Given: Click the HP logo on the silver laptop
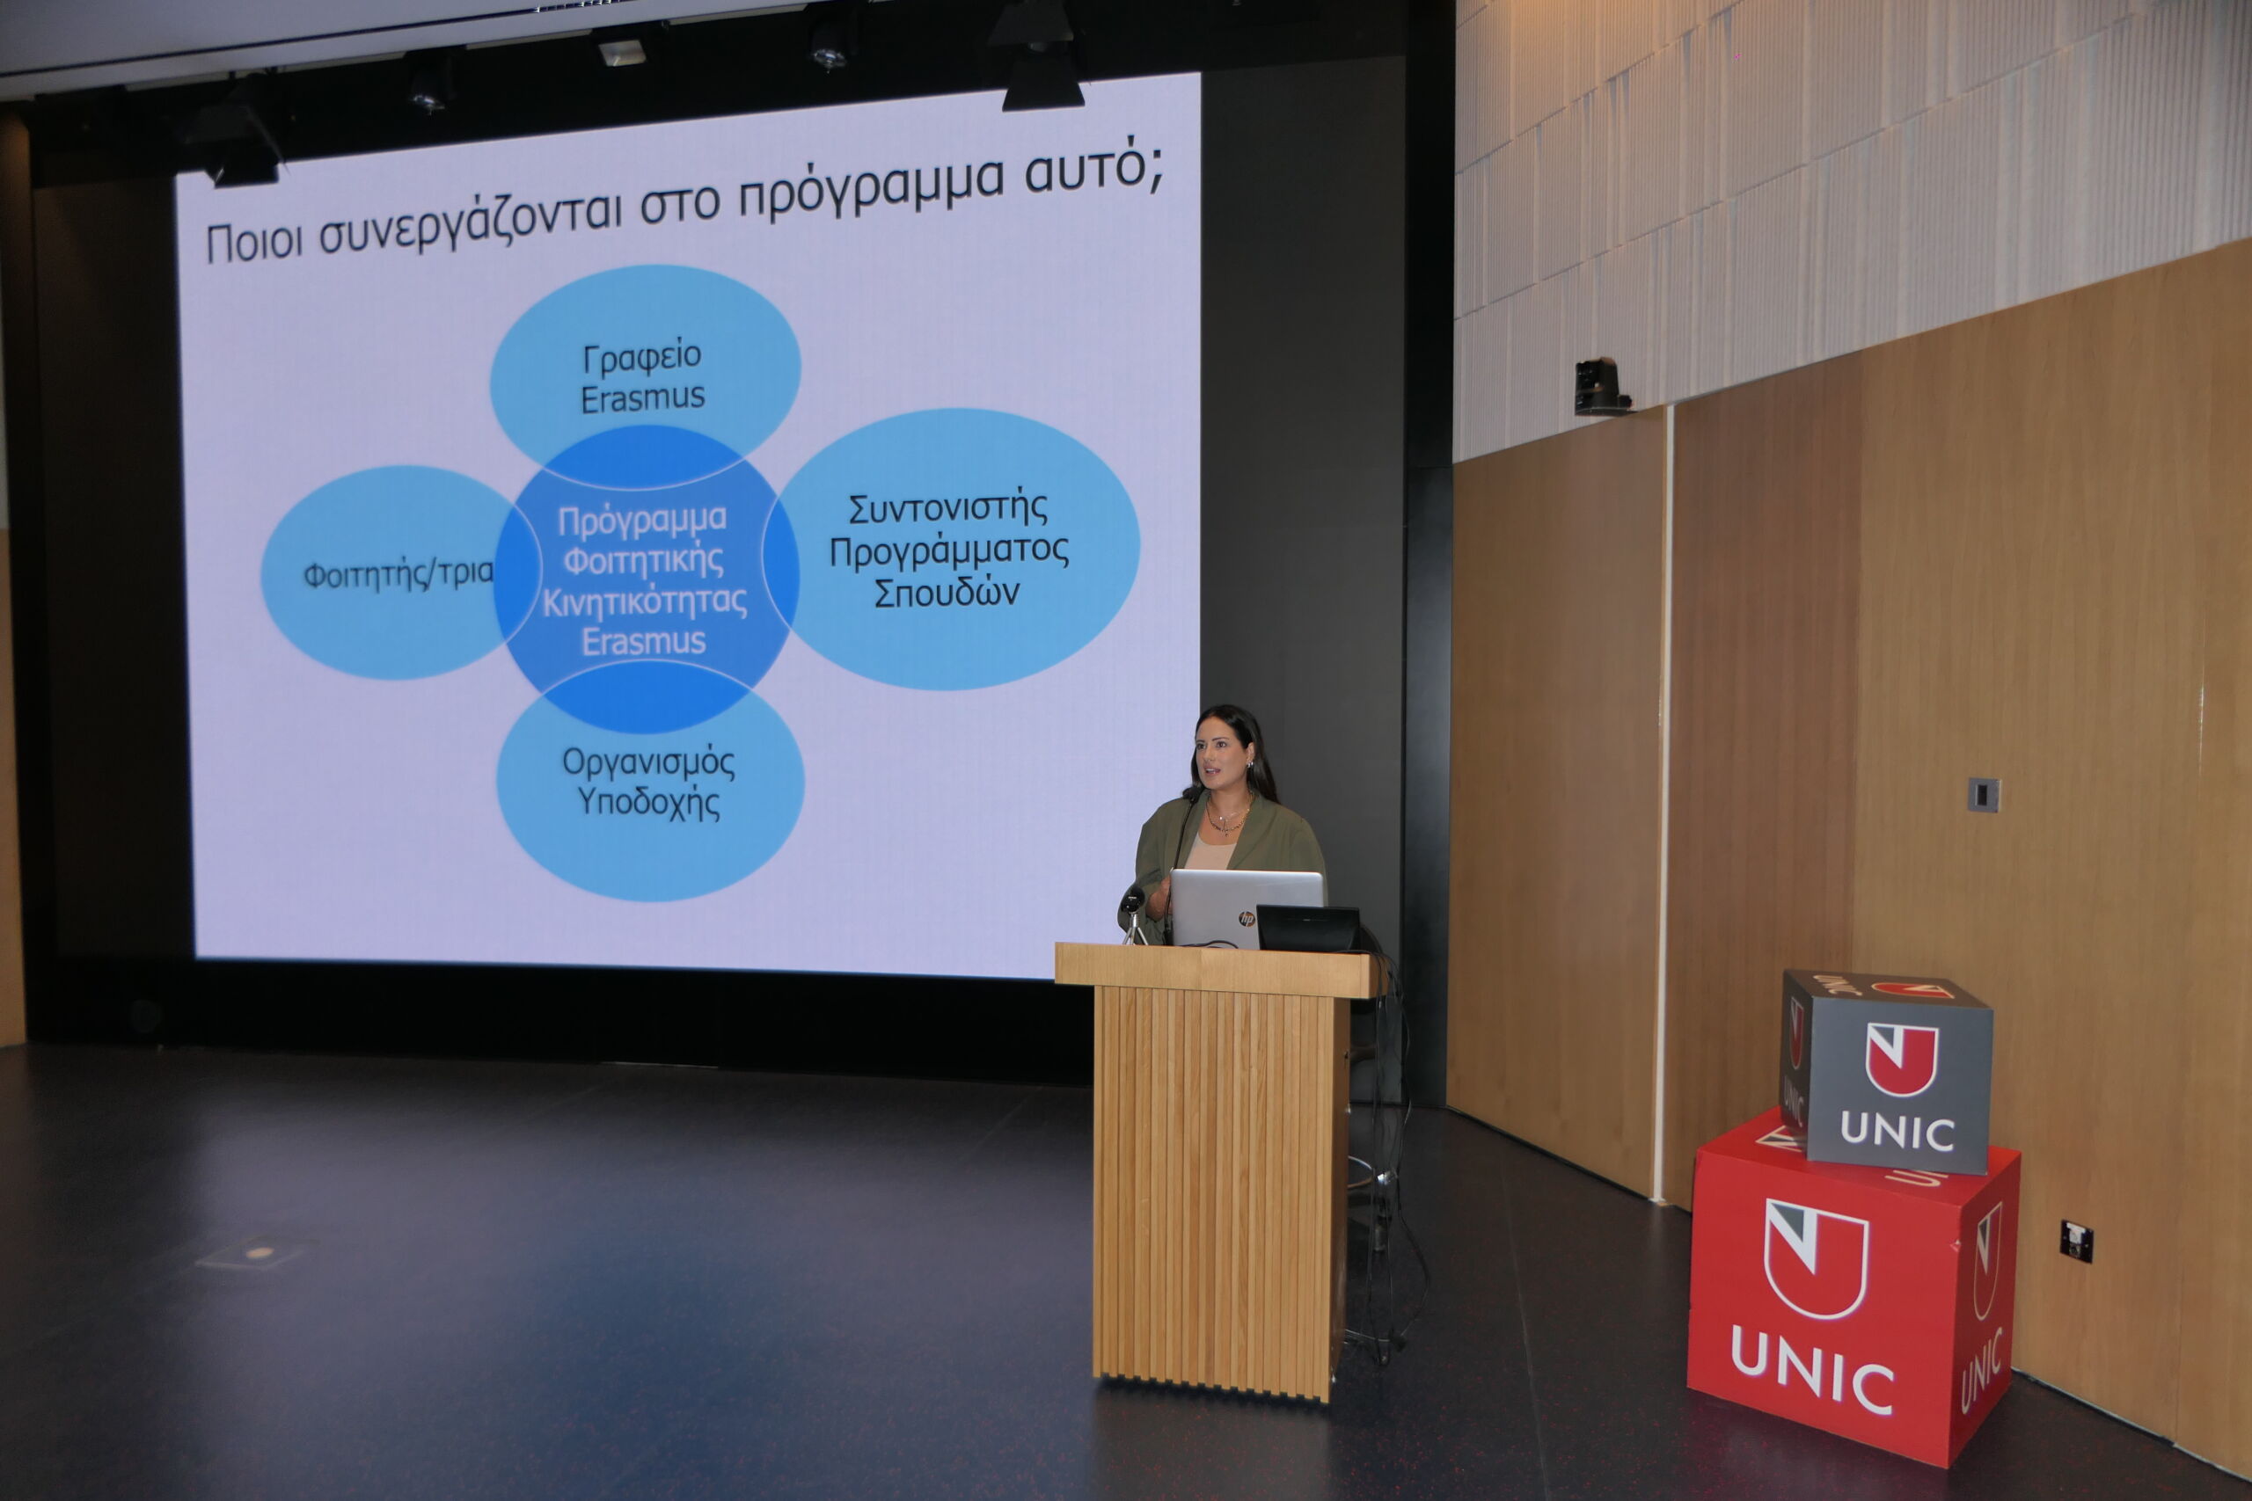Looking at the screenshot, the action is (1246, 919).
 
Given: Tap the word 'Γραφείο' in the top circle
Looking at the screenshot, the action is (642, 357).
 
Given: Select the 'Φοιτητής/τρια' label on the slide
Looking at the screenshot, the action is (398, 574).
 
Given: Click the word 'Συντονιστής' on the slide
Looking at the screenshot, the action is (948, 507).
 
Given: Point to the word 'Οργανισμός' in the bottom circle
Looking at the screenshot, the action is (648, 763).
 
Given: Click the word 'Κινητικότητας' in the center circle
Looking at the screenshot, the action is (645, 601).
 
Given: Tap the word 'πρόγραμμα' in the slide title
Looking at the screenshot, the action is (870, 186).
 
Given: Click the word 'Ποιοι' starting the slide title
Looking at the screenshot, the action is (253, 241).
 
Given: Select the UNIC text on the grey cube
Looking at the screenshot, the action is (1897, 1133).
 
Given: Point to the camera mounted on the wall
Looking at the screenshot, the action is (1600, 387).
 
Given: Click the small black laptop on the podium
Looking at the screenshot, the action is (1308, 928).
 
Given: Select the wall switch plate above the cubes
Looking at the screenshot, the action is (1983, 795).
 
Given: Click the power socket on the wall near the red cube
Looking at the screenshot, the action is (2077, 1242).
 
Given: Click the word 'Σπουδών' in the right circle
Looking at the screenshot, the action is (946, 593).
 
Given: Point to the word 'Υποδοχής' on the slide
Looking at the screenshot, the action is (648, 802).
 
